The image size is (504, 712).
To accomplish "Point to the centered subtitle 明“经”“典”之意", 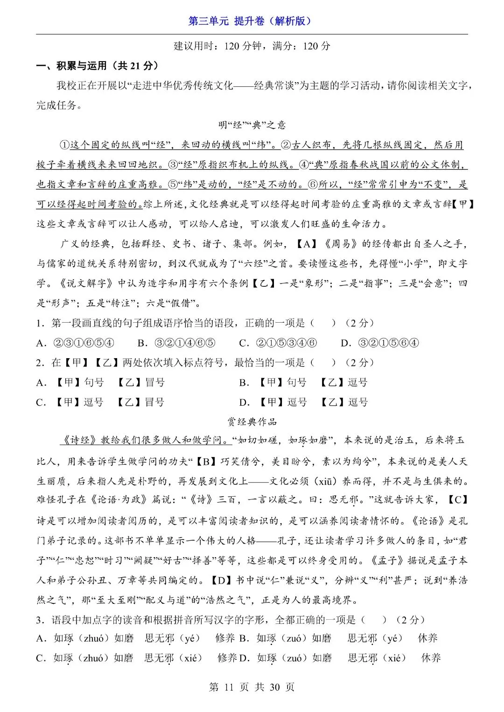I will pos(252,125).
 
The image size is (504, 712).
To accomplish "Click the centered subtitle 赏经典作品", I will pos(252,422).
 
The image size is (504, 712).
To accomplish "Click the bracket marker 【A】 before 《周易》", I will pos(307,244).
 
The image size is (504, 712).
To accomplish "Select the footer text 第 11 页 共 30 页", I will pos(252,687).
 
